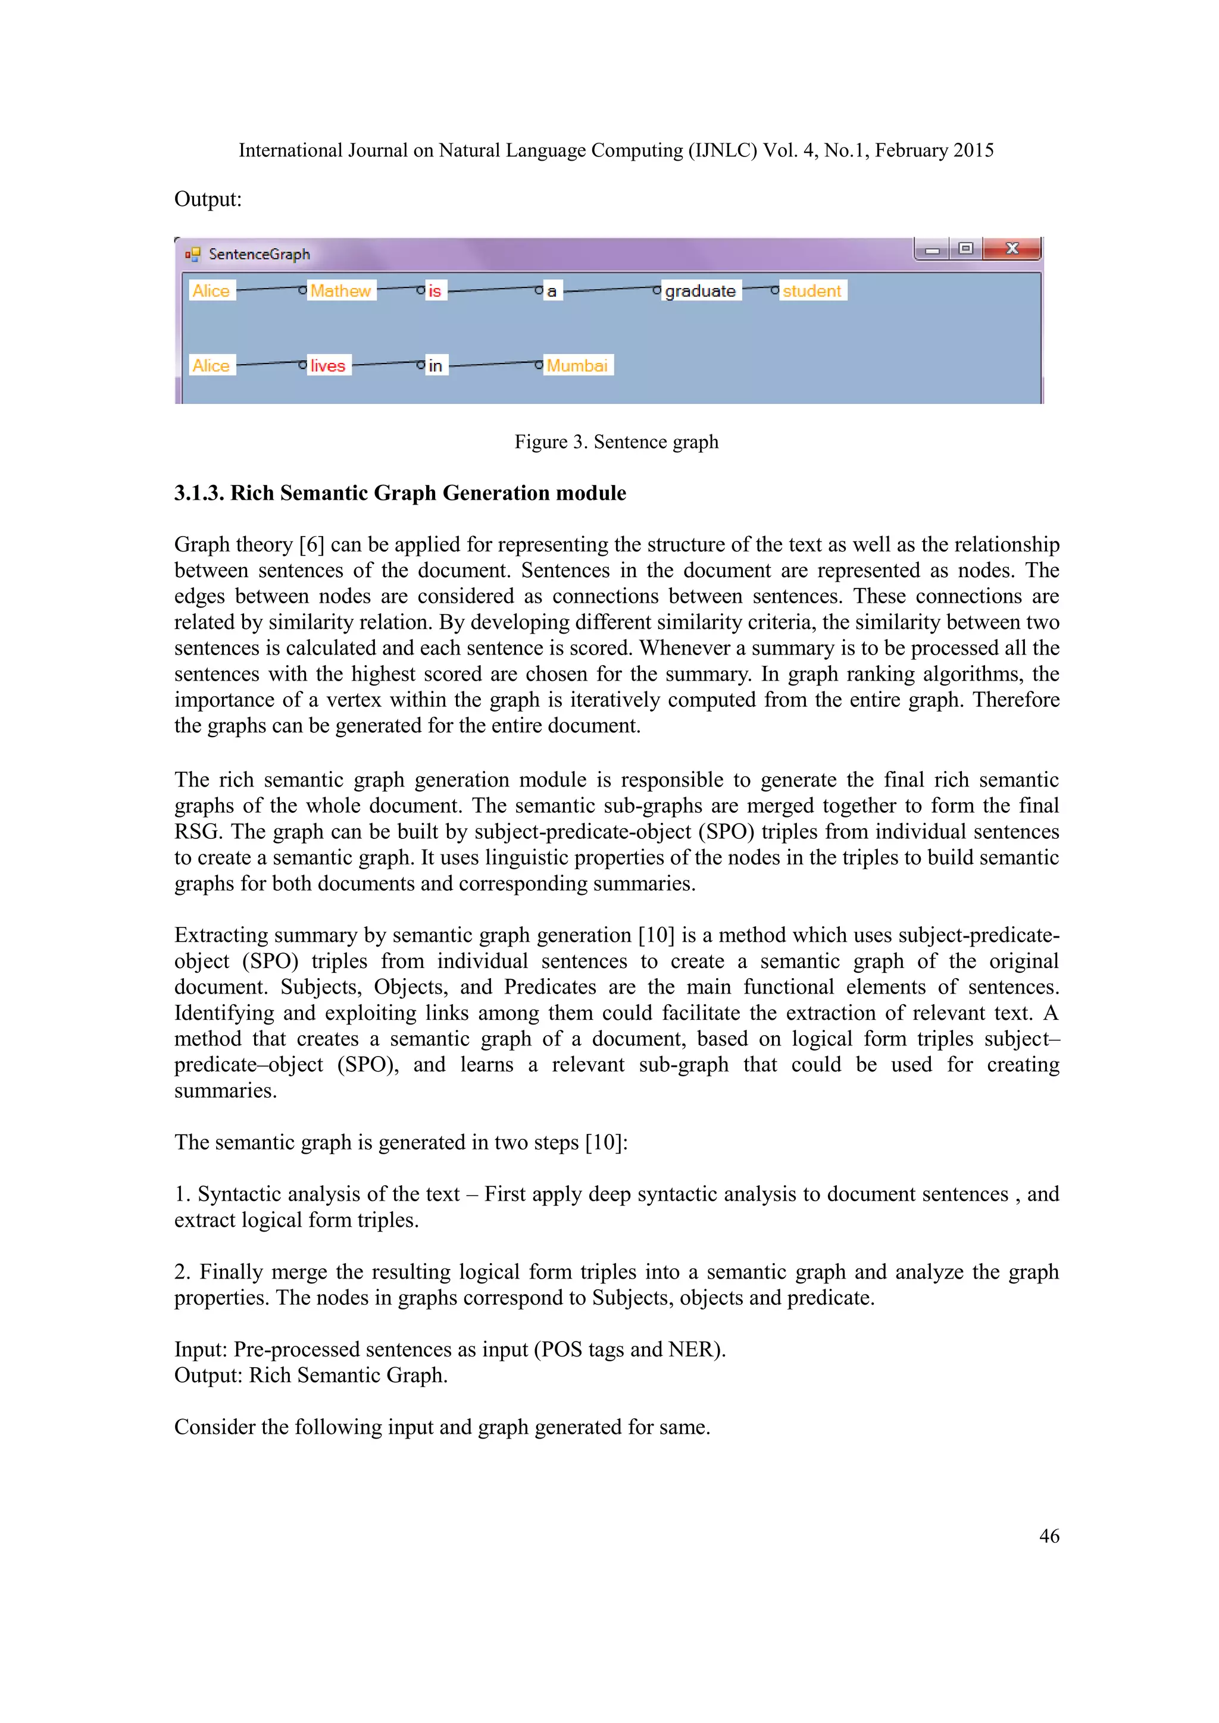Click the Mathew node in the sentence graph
click(x=341, y=290)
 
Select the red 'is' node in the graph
click(x=435, y=290)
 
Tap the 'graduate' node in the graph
click(x=701, y=290)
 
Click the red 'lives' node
click(x=328, y=365)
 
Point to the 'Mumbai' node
click(x=577, y=365)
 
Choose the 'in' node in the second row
click(x=435, y=365)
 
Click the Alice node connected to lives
click(x=211, y=365)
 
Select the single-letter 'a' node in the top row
click(x=552, y=291)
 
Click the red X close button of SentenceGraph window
click(x=1011, y=248)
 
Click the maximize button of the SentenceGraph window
click(x=965, y=248)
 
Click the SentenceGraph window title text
click(x=259, y=255)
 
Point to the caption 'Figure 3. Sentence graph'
click(x=616, y=442)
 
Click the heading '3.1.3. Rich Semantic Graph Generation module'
click(x=400, y=493)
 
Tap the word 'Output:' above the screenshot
click(x=208, y=200)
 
